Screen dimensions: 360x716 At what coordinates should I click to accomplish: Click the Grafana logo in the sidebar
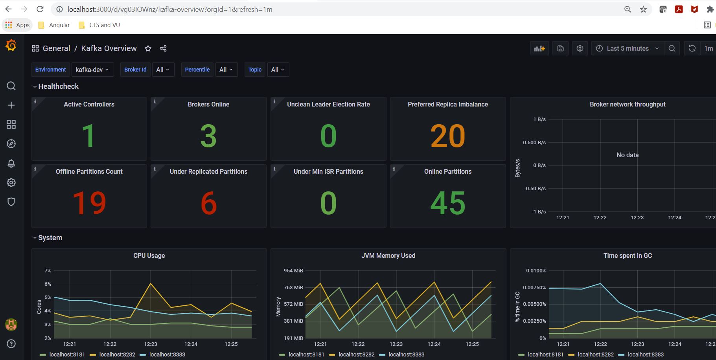tap(11, 46)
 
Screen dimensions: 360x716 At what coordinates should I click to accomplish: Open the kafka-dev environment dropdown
tap(92, 70)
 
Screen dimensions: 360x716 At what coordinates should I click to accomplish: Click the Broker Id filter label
tap(135, 70)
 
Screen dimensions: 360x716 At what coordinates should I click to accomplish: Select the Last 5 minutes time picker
tap(627, 48)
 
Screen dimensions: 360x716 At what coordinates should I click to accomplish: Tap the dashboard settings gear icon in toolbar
tap(580, 48)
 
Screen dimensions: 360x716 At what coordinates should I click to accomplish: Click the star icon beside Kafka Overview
tap(148, 48)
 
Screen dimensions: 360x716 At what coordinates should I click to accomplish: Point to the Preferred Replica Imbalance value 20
tap(447, 136)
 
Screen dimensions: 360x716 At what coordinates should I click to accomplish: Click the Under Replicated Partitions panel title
tap(208, 171)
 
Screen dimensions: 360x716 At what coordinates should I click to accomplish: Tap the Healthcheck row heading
tap(58, 86)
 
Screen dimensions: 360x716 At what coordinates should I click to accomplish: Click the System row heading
tap(50, 238)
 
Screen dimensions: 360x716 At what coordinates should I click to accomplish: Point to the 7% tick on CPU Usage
tap(48, 270)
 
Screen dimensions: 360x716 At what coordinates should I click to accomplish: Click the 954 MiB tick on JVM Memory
tap(293, 270)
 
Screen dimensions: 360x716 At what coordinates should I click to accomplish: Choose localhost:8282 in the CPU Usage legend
tap(117, 354)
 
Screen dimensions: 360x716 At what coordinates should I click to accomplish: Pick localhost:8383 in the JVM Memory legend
tap(406, 354)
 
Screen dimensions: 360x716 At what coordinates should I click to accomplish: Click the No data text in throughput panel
tap(628, 155)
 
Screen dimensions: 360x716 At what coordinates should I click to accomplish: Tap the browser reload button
tap(40, 9)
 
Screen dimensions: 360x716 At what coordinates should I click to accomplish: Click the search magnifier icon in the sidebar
tap(11, 86)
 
